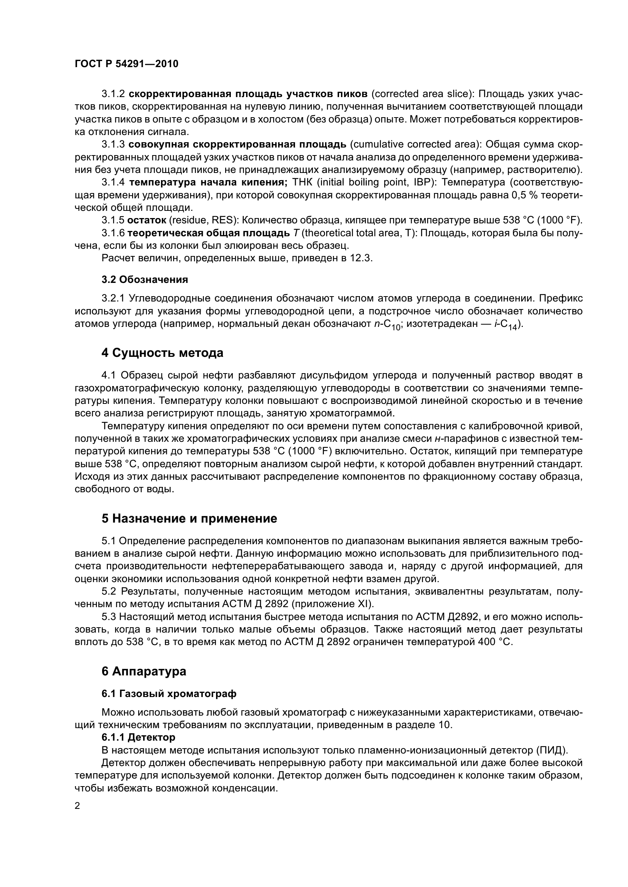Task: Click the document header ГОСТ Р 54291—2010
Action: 126,64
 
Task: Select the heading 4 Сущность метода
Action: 163,353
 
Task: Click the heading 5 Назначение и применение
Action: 189,518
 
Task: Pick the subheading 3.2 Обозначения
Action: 145,280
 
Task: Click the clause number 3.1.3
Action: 113,144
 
